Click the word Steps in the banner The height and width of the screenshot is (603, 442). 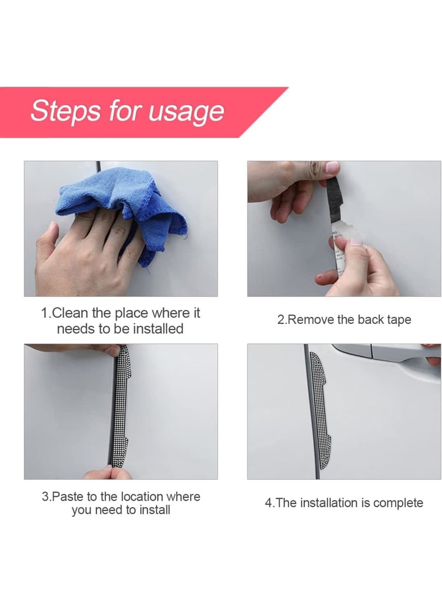click(x=65, y=112)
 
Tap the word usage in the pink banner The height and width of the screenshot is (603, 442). click(x=186, y=112)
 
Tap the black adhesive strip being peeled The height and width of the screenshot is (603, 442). click(x=333, y=204)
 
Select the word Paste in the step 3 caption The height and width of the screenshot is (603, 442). click(x=67, y=496)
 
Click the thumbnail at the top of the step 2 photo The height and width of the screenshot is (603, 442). click(x=332, y=167)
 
